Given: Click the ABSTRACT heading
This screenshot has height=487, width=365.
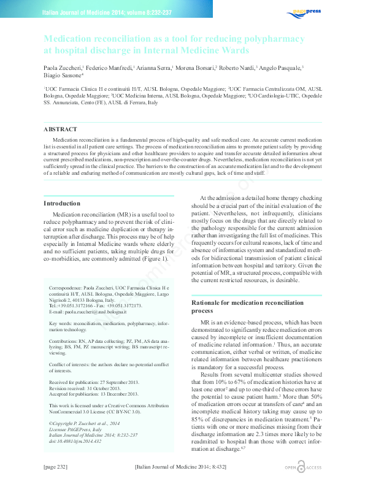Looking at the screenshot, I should [61, 129].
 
